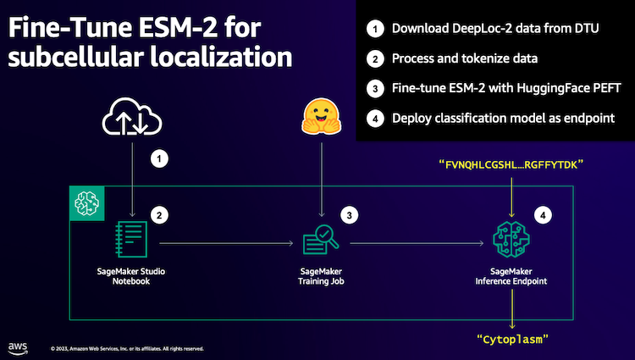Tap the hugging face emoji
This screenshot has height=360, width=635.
(322, 118)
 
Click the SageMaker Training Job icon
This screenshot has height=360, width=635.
(322, 241)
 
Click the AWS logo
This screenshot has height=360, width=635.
(18, 346)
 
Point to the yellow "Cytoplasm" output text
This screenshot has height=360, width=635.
(511, 340)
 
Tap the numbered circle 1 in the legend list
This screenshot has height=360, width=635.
(373, 29)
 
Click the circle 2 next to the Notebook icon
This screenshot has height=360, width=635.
(156, 215)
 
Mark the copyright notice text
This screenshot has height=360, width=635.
(127, 348)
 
